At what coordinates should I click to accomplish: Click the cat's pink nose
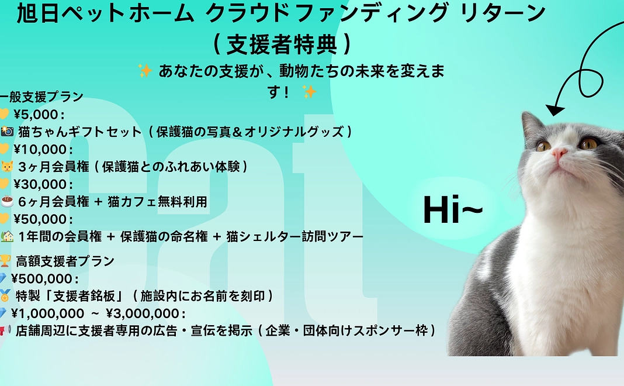559,154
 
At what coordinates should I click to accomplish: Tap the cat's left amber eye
543,146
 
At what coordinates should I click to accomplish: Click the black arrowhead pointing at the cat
555,109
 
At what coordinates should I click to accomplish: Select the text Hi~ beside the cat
452,210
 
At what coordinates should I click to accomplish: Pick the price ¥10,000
41,149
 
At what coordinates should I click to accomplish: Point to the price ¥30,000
41,184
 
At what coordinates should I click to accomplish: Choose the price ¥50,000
41,219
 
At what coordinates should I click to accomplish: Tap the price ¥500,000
44,278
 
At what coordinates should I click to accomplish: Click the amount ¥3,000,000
146,313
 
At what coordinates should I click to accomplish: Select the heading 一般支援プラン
42,97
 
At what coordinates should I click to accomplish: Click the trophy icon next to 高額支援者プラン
5,261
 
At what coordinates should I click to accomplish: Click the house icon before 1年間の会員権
7,236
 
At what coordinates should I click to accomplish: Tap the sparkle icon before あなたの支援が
144,71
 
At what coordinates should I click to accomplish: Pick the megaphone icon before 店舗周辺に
5,331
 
